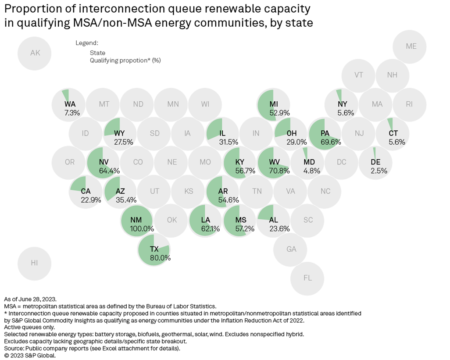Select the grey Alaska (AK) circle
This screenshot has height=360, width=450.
click(35, 53)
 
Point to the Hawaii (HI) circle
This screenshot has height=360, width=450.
click(34, 263)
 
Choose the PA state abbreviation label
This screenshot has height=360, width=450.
click(325, 133)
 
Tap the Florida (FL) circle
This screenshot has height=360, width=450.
click(307, 278)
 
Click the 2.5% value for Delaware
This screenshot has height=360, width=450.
click(379, 171)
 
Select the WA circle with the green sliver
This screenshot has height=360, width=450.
click(69, 104)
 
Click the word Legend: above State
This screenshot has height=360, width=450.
click(87, 43)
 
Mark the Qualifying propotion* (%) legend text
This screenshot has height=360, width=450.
click(125, 61)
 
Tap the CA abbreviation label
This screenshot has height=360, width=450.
click(86, 191)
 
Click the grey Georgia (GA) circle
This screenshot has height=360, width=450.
click(291, 249)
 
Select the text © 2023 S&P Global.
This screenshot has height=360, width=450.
click(30, 356)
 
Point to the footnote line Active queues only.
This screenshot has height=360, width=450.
click(29, 327)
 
